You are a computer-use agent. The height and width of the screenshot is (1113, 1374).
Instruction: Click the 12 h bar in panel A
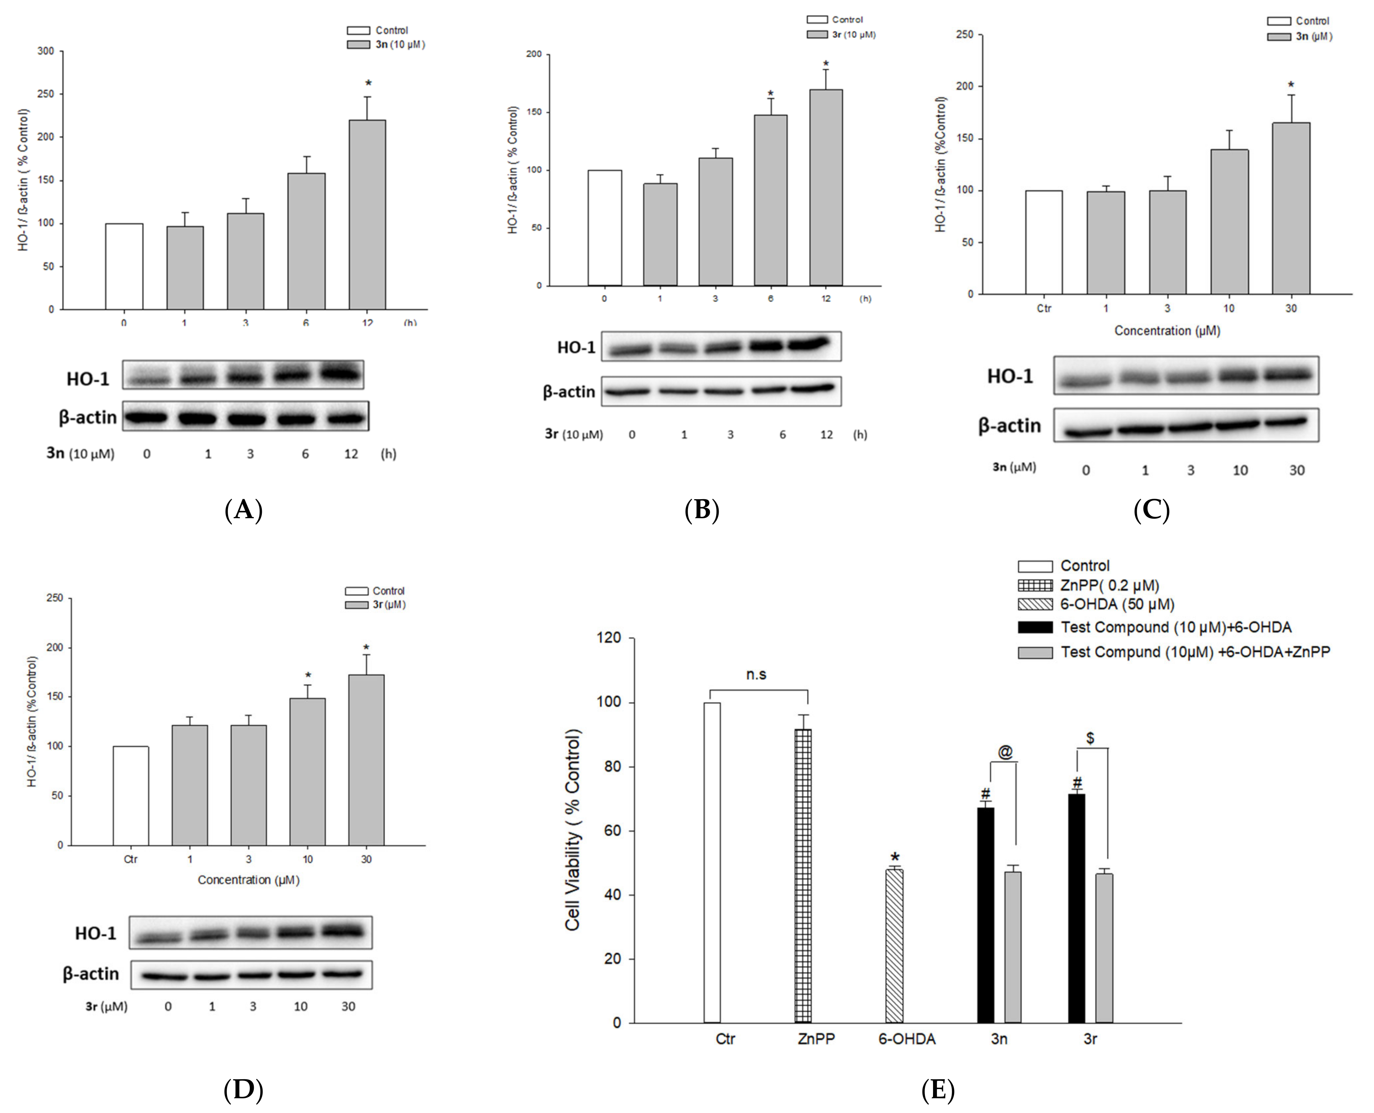click(367, 215)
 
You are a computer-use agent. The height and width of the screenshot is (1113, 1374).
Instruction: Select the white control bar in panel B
click(604, 228)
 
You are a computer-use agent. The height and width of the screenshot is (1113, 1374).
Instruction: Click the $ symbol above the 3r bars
click(1090, 738)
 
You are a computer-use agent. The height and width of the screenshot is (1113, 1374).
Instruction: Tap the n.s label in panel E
click(756, 674)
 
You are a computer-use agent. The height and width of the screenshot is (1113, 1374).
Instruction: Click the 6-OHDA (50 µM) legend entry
click(1116, 604)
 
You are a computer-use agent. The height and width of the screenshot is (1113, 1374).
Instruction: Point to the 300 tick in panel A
click(46, 51)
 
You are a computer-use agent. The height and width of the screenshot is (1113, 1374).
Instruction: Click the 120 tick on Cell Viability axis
click(609, 638)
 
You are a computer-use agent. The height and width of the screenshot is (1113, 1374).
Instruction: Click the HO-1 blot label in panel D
click(96, 933)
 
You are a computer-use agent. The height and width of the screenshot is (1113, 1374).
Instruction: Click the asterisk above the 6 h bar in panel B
click(770, 94)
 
